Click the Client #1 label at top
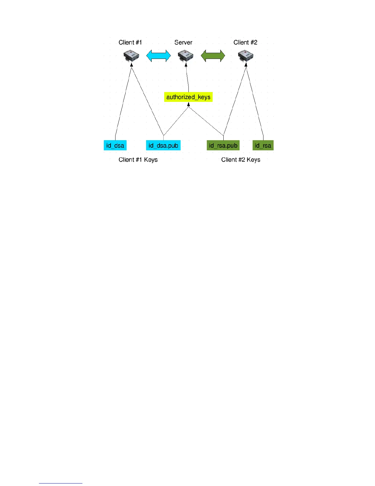pos(130,42)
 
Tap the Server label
pos(183,42)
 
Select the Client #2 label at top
pos(245,42)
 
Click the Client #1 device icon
pos(131,56)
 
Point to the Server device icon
pos(186,56)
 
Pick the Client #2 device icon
pos(246,56)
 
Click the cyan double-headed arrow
pos(158,56)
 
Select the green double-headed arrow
pos(213,56)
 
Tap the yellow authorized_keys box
pos(188,97)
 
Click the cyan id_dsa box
pos(115,145)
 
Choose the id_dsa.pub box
pos(163,145)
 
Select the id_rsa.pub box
pos(223,145)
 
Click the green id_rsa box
pos(263,145)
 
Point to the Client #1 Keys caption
pos(138,160)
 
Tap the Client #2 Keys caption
pos(241,160)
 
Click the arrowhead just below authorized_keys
pos(188,105)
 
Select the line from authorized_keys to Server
pos(187,78)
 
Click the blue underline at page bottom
pos(60,483)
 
